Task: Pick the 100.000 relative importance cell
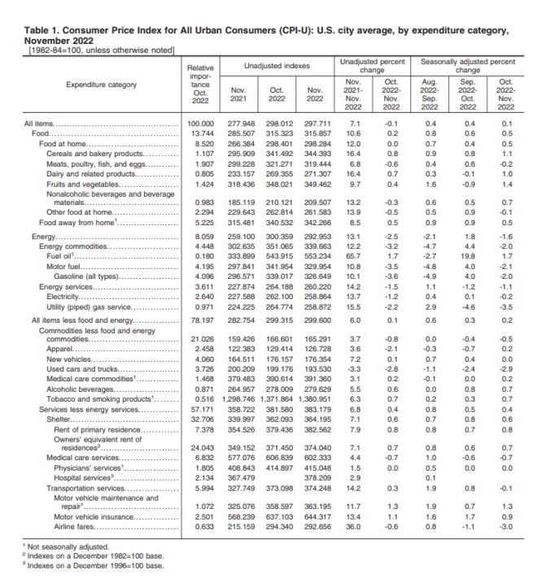coord(199,124)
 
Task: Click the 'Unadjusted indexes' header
coord(274,63)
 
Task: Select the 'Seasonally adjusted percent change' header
coord(468,63)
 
